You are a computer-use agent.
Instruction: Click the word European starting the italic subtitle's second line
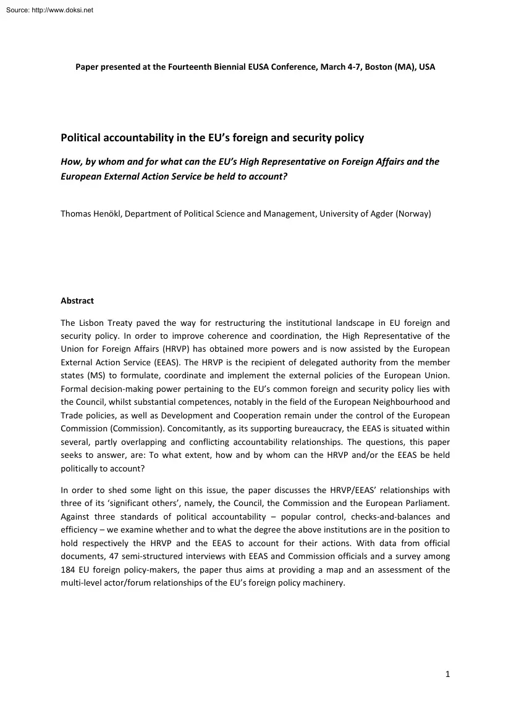(81, 175)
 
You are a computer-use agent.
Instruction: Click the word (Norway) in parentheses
(416, 214)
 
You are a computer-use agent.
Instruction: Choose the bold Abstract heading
(77, 301)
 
